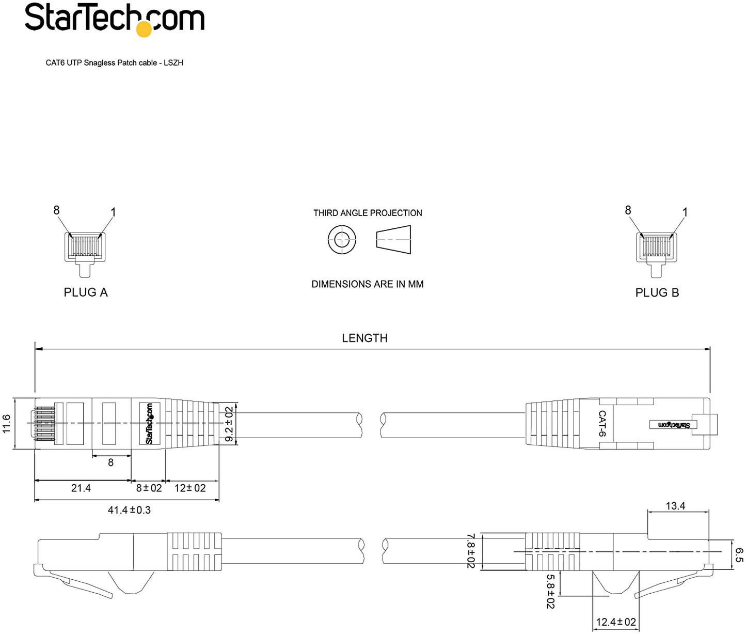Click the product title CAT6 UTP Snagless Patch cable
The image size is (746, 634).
pos(101,63)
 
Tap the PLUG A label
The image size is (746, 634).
pos(86,292)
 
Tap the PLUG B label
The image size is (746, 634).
pos(657,292)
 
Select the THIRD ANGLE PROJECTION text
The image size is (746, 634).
pos(368,213)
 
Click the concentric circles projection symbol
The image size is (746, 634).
pos(342,240)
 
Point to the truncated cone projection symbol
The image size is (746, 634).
pos(393,239)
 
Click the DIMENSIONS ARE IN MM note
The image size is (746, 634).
pos(368,284)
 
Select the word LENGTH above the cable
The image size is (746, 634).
pos(364,338)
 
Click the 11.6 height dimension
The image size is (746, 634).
pos(7,423)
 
